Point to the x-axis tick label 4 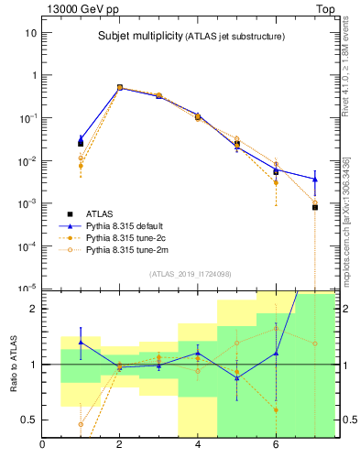(198, 446)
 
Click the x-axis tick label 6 (276, 446)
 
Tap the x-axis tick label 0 (42, 446)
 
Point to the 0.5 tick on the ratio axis (28, 420)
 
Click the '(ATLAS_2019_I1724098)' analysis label (191, 273)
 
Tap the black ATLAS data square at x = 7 (314, 207)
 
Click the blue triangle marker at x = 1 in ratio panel (81, 342)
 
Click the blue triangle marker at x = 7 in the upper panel (314, 180)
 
